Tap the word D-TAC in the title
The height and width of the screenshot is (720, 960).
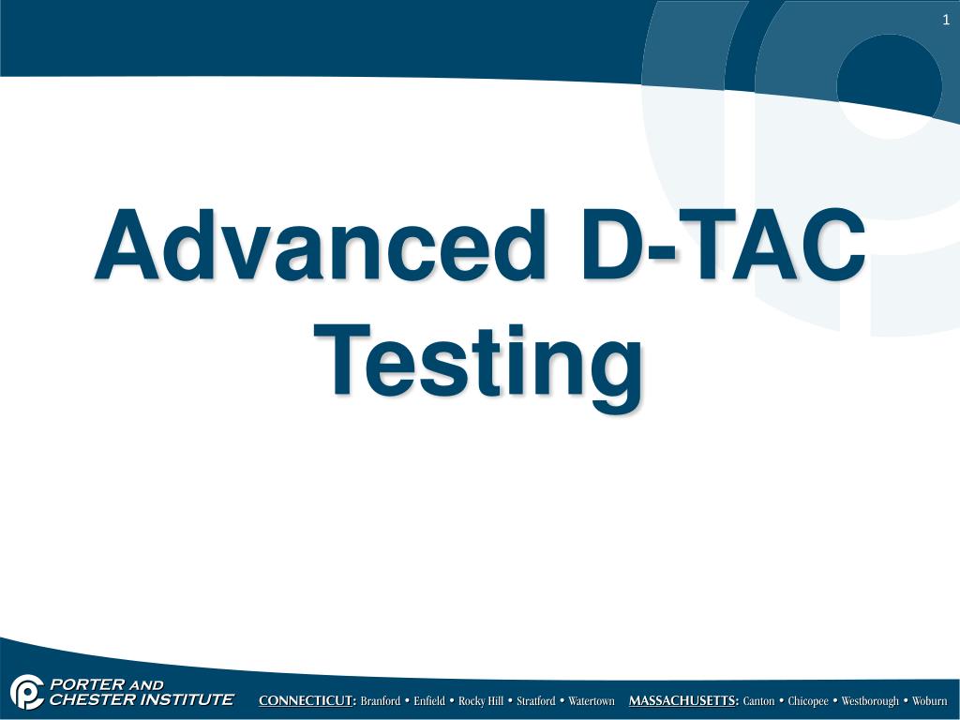point(721,245)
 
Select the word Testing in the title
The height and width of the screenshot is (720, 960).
point(479,361)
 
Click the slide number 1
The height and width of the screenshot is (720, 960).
point(946,21)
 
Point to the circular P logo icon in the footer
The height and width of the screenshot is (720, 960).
point(27,693)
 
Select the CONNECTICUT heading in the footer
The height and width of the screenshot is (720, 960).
point(307,701)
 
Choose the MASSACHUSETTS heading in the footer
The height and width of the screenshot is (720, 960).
point(683,701)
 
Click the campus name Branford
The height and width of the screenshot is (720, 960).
point(380,701)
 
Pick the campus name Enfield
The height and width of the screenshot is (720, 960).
point(429,701)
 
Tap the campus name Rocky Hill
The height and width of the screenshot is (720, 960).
point(480,701)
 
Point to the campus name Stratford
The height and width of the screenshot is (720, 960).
point(535,701)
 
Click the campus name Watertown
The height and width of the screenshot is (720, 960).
point(592,701)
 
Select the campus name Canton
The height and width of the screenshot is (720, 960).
point(758,701)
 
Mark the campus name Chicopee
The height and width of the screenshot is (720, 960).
point(808,701)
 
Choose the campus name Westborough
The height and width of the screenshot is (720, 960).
point(870,701)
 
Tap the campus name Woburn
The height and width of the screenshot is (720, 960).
point(930,701)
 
